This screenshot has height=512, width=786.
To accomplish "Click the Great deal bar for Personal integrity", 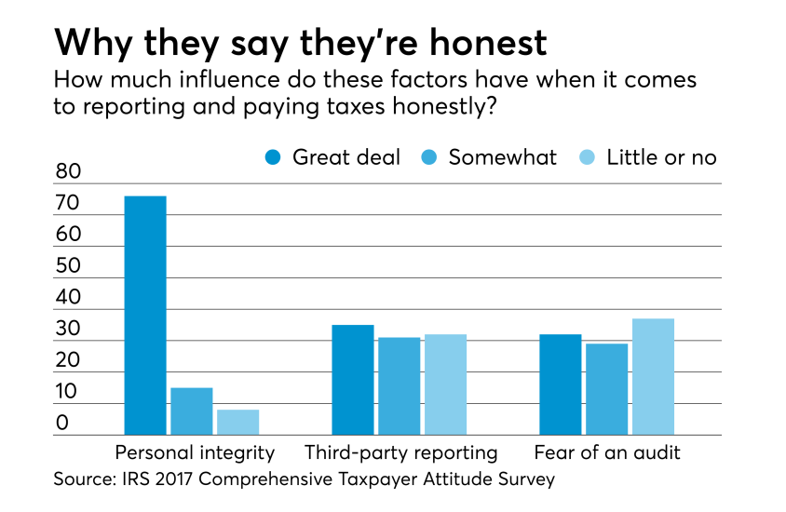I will (145, 316).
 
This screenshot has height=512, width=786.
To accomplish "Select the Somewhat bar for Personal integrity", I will (192, 411).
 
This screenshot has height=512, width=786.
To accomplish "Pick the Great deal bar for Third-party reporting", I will (353, 380).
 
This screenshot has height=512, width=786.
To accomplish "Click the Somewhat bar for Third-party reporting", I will (399, 386).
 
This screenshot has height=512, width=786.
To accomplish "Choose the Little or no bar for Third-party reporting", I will (445, 384).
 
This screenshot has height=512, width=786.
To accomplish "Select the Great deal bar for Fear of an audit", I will (561, 384).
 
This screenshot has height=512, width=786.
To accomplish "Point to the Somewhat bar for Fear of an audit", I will (606, 389).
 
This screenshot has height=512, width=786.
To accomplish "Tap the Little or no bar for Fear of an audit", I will (653, 377).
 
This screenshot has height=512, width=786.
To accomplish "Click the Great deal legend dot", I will (274, 157).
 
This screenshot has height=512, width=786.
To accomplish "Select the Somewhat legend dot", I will (431, 157).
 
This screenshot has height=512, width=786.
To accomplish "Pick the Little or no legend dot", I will (589, 157).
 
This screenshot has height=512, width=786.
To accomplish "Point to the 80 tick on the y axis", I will (70, 172).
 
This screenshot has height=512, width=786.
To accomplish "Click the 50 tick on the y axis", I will (70, 266).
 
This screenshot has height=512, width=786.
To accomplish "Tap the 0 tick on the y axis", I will (63, 424).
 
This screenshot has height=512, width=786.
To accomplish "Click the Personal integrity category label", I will (195, 453).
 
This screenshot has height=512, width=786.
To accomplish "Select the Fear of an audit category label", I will (607, 453).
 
